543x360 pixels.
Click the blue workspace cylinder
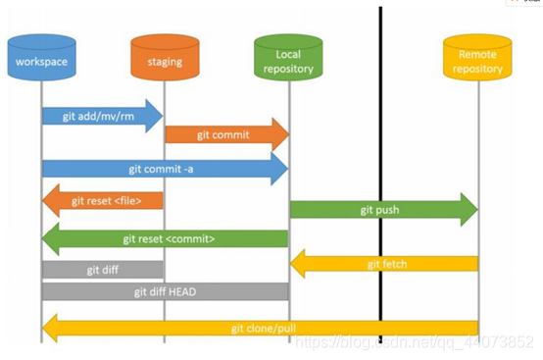tap(41, 57)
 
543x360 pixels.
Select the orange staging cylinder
tap(165, 57)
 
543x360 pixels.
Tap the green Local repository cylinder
tap(288, 57)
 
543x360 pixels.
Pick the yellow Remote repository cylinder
tap(477, 57)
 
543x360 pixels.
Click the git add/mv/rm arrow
tap(103, 116)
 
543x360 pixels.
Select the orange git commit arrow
tap(227, 134)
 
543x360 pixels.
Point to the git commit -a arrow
tap(166, 169)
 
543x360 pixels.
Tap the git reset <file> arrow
tap(103, 201)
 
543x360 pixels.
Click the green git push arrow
tap(384, 210)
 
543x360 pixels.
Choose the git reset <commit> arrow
tap(166, 238)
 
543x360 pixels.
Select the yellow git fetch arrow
tap(384, 264)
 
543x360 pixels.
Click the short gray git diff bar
tap(103, 270)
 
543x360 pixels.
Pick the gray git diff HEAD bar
tap(166, 291)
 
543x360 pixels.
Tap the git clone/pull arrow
tap(260, 329)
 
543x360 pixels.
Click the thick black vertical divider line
tap(380, 175)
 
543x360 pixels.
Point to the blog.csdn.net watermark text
tap(415, 342)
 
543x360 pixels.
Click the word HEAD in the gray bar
tap(182, 291)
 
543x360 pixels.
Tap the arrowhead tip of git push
tap(478, 210)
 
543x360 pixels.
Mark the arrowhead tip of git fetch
tap(290, 264)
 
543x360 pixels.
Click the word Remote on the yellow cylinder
tap(477, 54)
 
